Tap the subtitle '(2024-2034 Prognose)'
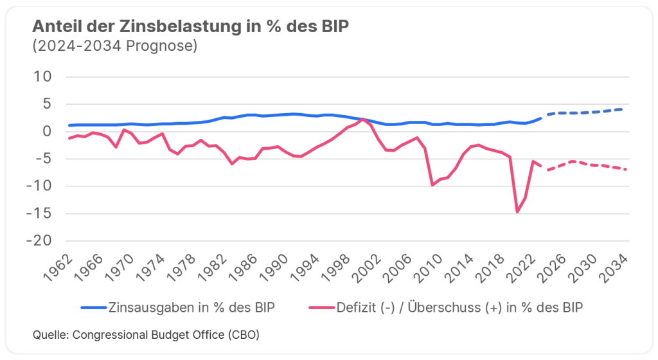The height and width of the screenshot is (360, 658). [114, 46]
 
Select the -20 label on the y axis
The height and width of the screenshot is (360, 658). [41, 240]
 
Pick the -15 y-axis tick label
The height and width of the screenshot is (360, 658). [41, 213]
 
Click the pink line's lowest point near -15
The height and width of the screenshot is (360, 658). [517, 212]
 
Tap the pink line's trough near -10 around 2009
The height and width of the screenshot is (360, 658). [432, 185]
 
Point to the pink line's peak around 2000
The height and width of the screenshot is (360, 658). [363, 120]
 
